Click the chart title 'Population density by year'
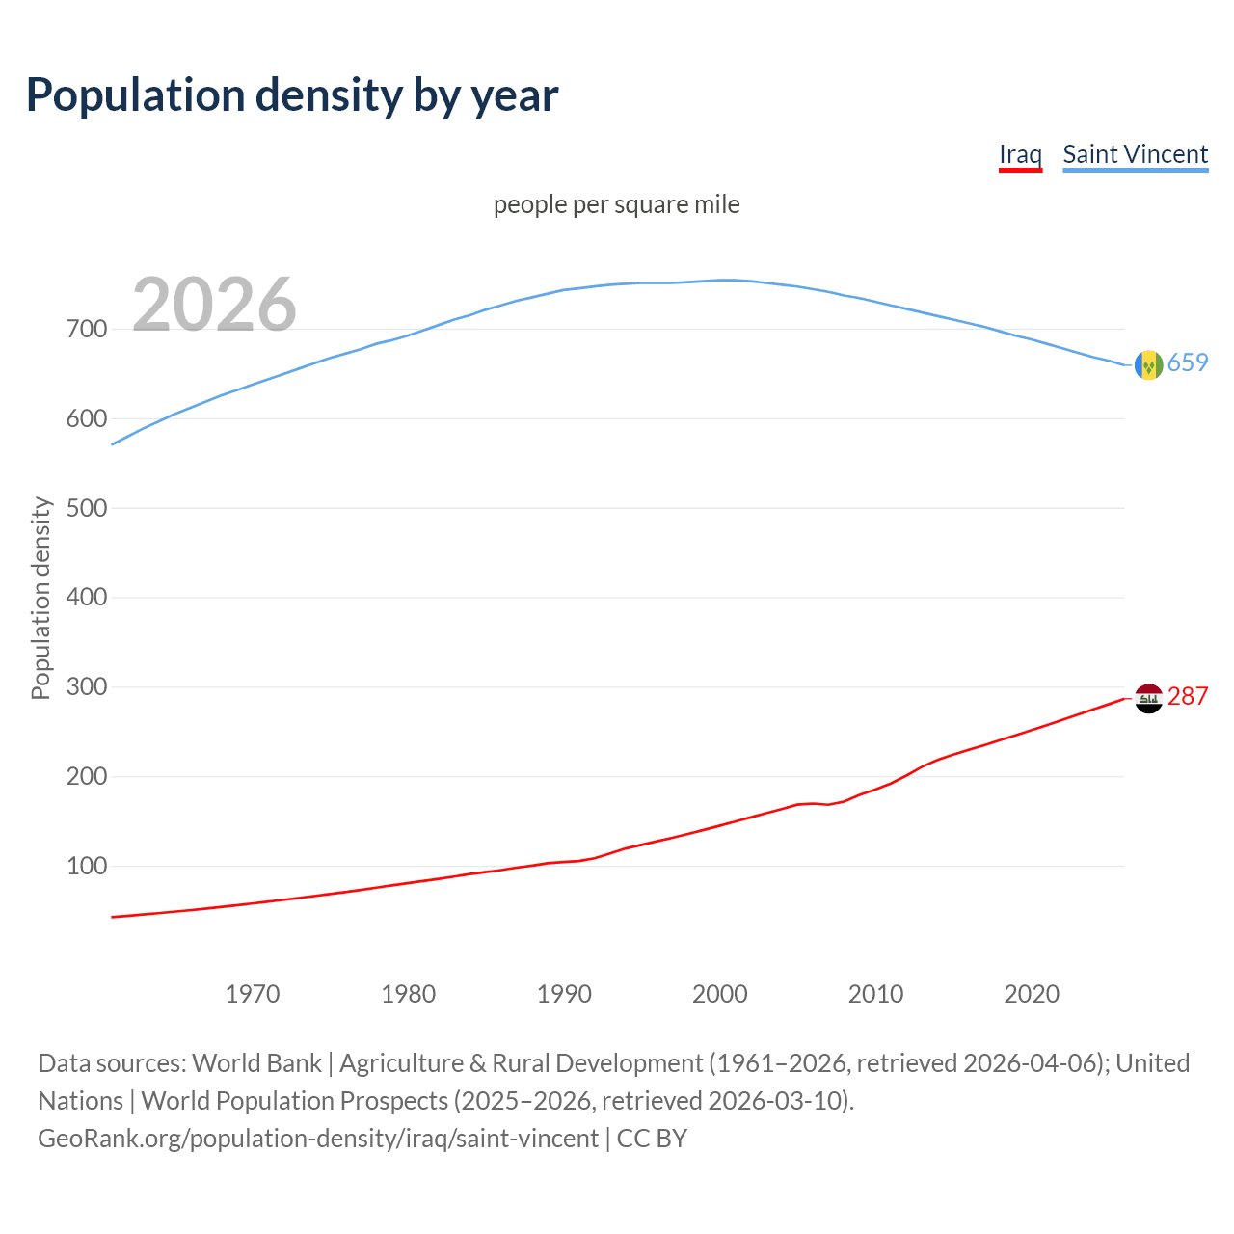[292, 94]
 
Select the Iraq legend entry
[1020, 154]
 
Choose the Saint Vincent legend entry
[1135, 154]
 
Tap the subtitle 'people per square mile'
[616, 204]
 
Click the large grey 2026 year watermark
[214, 305]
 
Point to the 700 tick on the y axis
[87, 330]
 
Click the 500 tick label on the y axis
[87, 508]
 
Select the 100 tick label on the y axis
[87, 867]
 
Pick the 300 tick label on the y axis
[87, 687]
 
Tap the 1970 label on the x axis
[253, 994]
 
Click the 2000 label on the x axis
[720, 994]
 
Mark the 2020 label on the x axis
[1032, 994]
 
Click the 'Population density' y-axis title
[40, 598]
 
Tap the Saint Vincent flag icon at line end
[1148, 364]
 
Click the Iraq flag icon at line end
[1148, 698]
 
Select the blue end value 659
[1188, 363]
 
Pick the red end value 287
[1188, 696]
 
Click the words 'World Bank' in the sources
[256, 1063]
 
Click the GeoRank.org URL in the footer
[318, 1139]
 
